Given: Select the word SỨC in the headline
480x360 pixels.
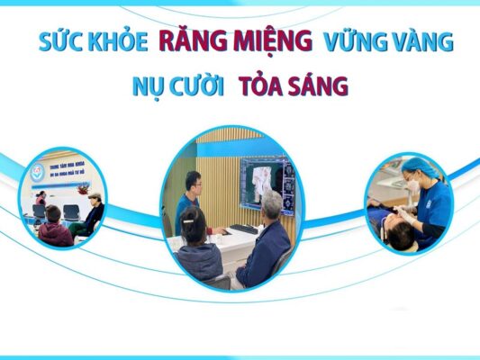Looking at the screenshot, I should click(x=59, y=42).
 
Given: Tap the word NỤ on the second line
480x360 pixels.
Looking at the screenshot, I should click(x=149, y=87).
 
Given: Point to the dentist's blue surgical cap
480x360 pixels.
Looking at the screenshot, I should click(x=417, y=166).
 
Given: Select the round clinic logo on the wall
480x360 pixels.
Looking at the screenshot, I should click(x=37, y=171).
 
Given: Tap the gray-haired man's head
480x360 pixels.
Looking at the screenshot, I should click(x=271, y=207).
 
